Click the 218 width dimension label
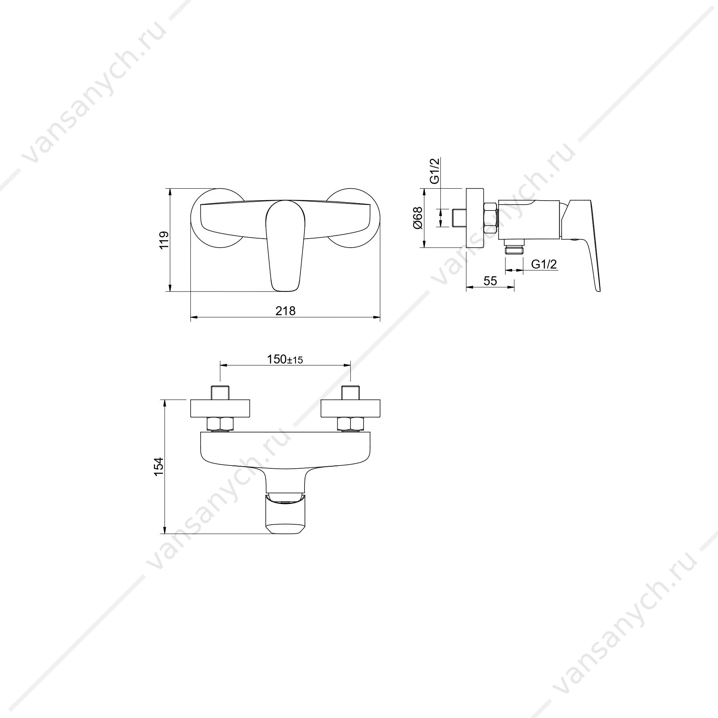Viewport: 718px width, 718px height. click(285, 311)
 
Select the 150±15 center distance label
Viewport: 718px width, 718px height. click(285, 359)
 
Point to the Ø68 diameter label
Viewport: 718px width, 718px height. click(418, 218)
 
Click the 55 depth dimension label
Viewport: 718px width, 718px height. click(490, 281)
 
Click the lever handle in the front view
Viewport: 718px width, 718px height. click(285, 246)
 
